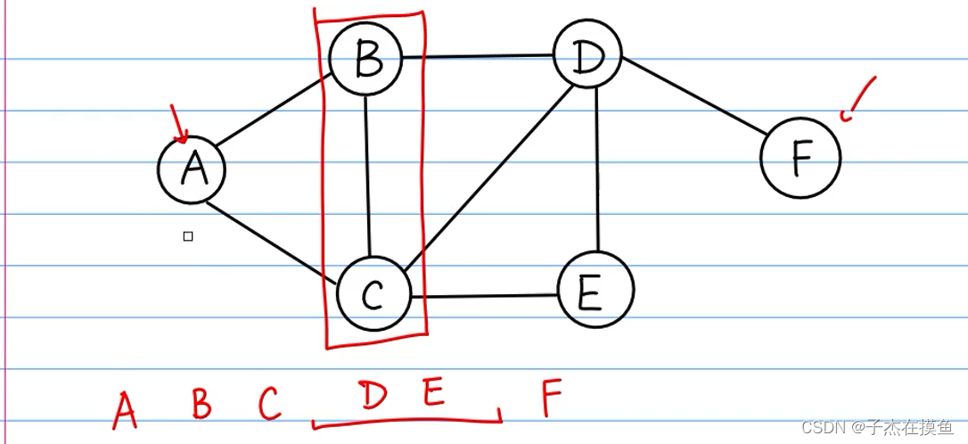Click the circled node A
pos(192,169)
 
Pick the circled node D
pos(587,57)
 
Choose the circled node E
pos(595,290)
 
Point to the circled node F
pos(800,157)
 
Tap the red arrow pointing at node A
pos(178,125)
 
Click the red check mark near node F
pos(857,98)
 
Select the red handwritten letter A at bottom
pos(126,409)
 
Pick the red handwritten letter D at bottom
pos(374,395)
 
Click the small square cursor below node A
pos(188,236)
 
